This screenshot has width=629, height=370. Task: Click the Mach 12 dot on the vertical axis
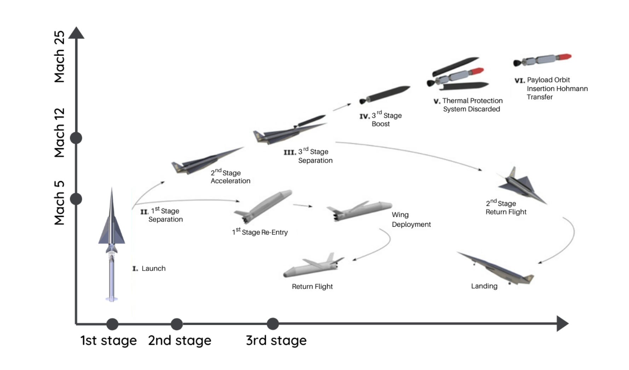[x=76, y=138]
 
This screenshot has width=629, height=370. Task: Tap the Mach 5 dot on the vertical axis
[x=76, y=199]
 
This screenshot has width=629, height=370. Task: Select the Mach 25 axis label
[x=59, y=57]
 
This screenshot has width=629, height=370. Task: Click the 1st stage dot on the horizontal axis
[x=112, y=324]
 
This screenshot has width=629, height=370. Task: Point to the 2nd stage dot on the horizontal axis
[x=177, y=324]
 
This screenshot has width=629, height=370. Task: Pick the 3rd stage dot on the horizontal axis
[x=273, y=324]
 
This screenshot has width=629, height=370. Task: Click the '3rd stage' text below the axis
[x=276, y=340]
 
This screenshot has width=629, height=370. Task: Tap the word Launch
[x=154, y=268]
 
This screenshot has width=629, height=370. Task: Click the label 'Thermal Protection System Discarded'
[x=472, y=105]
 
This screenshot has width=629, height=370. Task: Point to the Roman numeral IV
[x=364, y=116]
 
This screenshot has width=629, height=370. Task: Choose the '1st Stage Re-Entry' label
[x=260, y=232]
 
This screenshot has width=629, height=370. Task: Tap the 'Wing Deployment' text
[x=411, y=220]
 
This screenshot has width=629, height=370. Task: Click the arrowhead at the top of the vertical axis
[x=76, y=33]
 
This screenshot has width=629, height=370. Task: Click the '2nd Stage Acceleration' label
[x=230, y=177]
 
